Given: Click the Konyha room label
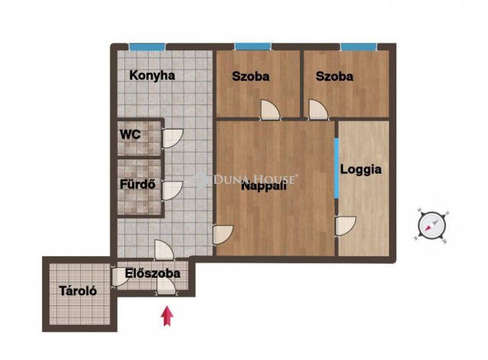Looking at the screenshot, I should [152, 76].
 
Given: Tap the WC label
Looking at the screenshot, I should [130, 134].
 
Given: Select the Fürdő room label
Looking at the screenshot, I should [138, 184].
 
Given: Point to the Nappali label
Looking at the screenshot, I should [263, 185].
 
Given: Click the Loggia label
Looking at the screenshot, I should [361, 169].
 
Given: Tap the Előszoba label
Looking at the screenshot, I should [152, 273].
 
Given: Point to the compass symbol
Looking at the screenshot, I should [433, 224].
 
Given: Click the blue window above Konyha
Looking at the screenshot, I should [147, 47].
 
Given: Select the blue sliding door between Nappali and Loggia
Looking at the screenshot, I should [335, 167].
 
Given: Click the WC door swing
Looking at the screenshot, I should [172, 138].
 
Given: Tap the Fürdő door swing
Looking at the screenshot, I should [172, 189].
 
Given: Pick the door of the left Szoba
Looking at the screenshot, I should [271, 111].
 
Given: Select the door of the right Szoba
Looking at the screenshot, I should [317, 110].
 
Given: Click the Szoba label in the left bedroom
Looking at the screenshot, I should [251, 76].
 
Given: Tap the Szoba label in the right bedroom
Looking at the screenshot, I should [335, 76].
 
